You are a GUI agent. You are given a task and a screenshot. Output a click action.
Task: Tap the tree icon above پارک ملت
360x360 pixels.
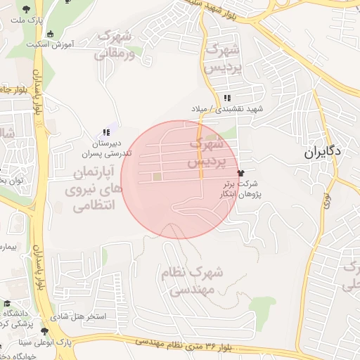point(27,8)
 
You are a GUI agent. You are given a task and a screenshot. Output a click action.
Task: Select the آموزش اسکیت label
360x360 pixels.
point(51,44)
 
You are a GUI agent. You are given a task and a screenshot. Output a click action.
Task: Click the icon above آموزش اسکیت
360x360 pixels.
point(50,33)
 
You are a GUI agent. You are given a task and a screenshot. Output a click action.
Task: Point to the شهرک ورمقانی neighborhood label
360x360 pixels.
point(114,44)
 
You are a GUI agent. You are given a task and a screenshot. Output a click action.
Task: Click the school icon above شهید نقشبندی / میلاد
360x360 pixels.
point(226,98)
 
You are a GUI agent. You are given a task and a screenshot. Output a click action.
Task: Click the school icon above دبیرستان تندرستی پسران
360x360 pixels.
point(106,131)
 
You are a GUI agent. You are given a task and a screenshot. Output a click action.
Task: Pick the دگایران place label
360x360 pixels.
point(323,151)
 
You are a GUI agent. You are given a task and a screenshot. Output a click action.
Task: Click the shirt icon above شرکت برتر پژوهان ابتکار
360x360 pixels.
point(241,172)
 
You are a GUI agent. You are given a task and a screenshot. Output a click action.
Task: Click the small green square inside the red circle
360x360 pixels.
point(157,177)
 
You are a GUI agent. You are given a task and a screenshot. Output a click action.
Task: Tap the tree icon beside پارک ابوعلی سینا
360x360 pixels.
point(44,331)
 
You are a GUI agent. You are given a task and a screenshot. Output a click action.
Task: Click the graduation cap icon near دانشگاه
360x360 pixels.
point(7,303)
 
